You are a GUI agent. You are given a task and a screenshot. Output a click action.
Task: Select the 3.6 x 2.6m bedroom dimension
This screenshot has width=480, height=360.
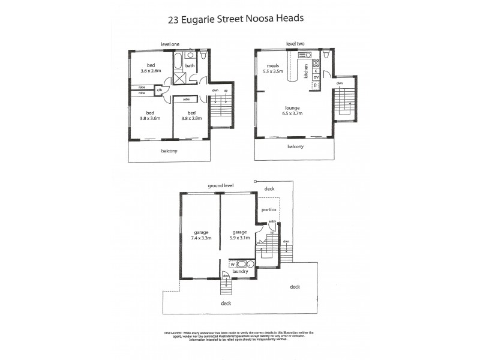coord(151,71)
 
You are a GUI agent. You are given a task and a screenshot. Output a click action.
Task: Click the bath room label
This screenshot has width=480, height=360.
coord(190,66)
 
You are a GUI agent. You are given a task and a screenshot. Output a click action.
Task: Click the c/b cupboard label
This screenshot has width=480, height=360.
coord(159,91)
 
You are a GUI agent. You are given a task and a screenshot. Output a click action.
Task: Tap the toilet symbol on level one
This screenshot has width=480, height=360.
coord(203,56)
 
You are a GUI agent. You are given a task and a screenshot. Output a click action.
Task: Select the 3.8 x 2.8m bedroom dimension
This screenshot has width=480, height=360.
coord(192,118)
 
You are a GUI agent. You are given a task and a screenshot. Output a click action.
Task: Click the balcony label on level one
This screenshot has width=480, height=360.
coord(169,151)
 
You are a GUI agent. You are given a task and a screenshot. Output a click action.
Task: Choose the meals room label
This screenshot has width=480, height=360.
coord(274,66)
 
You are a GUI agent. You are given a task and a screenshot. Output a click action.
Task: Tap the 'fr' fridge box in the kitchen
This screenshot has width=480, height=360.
coord(315,86)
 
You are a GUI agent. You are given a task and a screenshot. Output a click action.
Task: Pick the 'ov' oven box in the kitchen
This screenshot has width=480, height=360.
coord(315,77)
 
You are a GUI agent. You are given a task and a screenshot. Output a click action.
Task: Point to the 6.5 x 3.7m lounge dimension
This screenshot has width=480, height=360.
coord(293,113)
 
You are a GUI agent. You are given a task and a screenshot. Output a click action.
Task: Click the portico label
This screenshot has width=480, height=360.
coord(268,210)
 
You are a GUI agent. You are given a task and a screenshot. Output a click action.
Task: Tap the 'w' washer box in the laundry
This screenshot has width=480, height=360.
coord(232,264)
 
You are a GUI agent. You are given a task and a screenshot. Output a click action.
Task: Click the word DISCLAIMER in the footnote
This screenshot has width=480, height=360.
coord(175,332)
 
